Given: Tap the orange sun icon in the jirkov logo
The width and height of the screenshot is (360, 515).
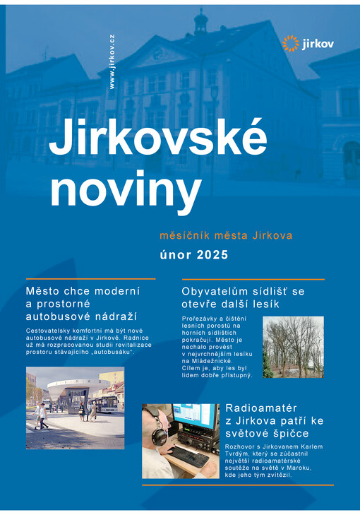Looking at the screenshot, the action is click(290, 43).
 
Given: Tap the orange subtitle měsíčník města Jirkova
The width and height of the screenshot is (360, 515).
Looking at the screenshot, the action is click(226, 234).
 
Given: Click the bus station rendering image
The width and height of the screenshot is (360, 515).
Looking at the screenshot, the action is click(75, 408).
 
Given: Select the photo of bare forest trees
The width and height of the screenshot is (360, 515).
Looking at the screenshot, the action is click(293, 347).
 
